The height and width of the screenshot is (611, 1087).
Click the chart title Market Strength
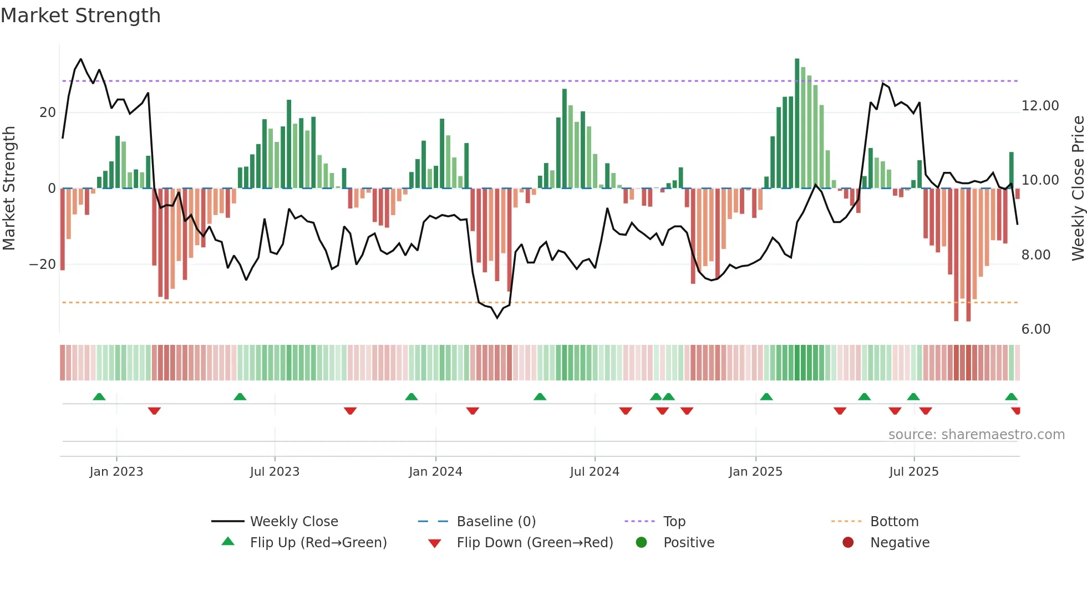click(x=80, y=16)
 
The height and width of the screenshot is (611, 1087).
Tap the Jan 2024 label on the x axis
click(x=435, y=472)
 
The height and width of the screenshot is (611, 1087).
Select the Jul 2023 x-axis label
click(x=275, y=472)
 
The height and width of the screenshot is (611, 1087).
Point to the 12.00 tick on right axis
click(x=1040, y=106)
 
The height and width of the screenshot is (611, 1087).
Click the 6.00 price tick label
click(x=1035, y=329)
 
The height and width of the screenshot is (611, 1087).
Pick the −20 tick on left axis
click(x=43, y=264)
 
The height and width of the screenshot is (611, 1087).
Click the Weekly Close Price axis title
click(x=1078, y=189)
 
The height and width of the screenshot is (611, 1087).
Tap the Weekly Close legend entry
click(x=293, y=522)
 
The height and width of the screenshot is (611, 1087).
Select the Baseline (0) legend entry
click(x=496, y=522)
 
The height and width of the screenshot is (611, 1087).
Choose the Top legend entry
click(x=674, y=522)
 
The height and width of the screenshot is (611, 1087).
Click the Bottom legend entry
click(x=894, y=522)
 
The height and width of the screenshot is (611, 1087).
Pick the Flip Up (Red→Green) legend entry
click(x=318, y=543)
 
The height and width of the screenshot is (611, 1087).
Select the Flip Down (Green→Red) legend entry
click(x=535, y=543)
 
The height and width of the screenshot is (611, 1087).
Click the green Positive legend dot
click(x=642, y=543)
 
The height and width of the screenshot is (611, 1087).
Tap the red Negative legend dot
click(x=848, y=543)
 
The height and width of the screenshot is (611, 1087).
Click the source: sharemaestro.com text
click(x=976, y=435)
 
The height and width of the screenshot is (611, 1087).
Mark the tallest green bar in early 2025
click(x=797, y=122)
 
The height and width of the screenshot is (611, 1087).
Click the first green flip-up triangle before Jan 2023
click(x=99, y=397)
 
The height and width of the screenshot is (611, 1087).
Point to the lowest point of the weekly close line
click(x=497, y=318)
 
